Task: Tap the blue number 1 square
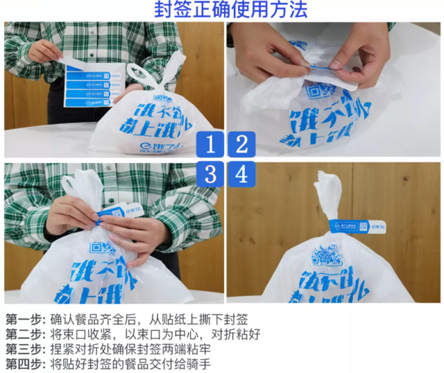click(210, 144)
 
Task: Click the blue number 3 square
click(210, 174)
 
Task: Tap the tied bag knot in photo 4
click(328, 208)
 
